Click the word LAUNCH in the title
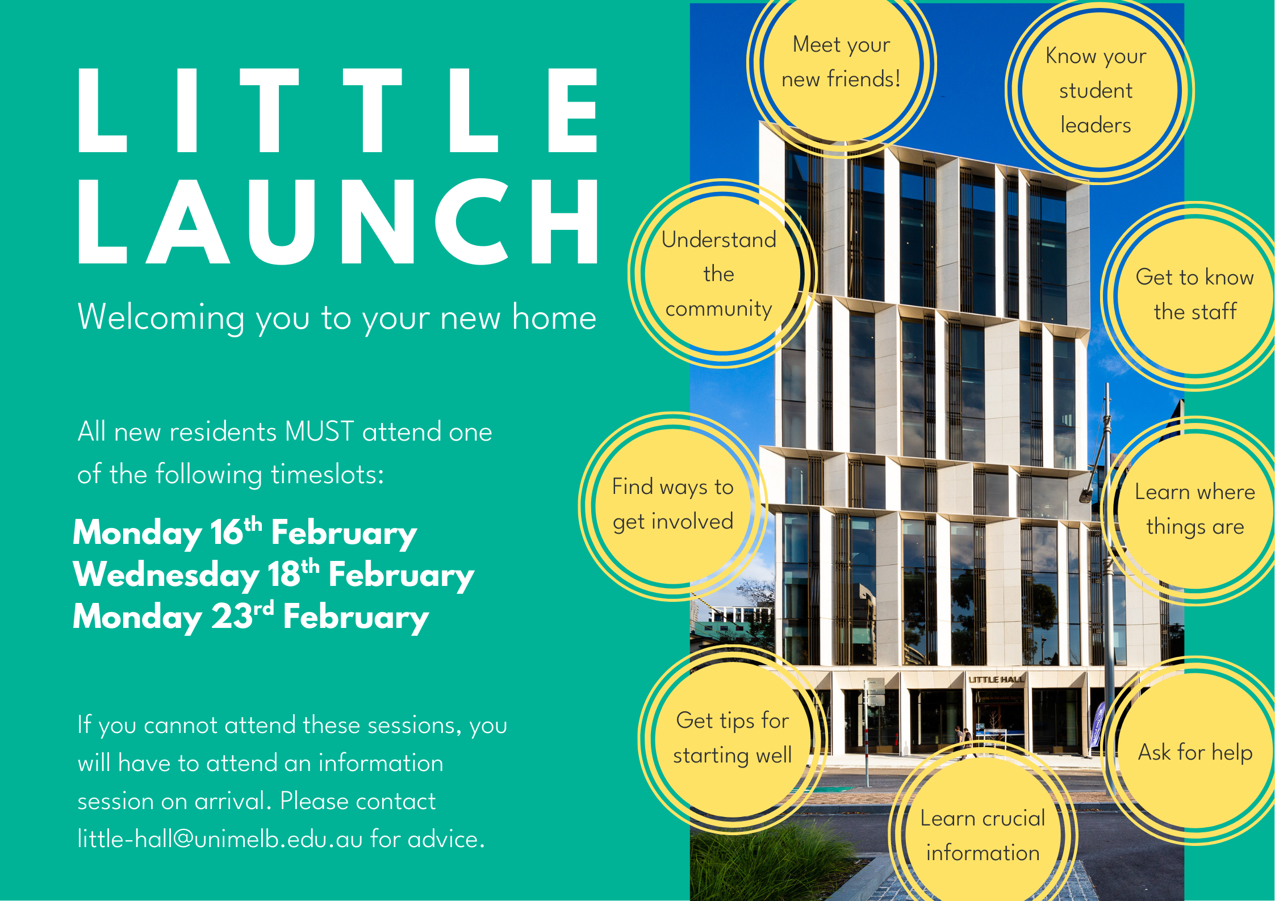338,221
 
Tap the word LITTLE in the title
338,110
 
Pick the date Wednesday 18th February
273,575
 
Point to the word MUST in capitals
320,431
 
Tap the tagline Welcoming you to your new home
337,317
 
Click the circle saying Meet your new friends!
842,62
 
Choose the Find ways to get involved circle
673,505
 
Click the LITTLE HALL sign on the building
997,679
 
